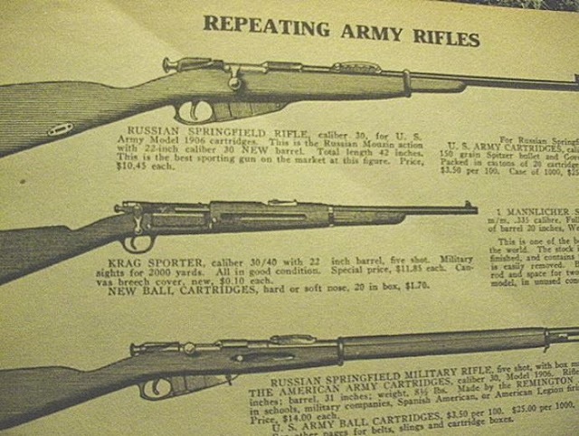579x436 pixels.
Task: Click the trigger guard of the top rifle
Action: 194,112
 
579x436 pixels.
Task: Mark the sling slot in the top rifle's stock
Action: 61,129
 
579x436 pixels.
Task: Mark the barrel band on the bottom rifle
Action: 340,349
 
